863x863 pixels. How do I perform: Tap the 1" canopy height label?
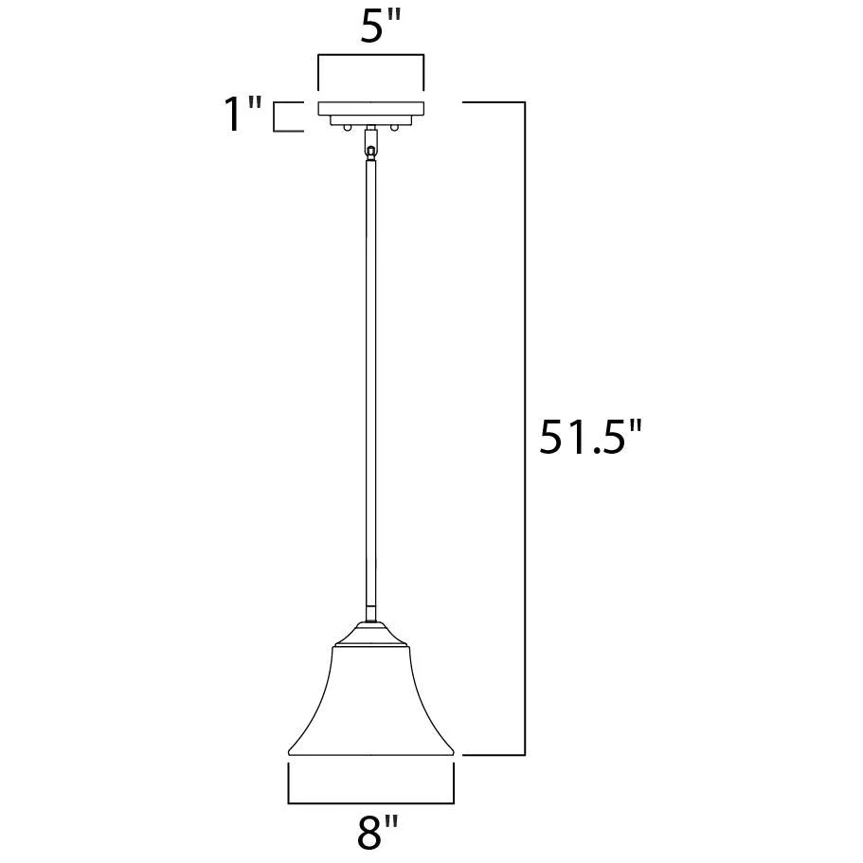point(243,114)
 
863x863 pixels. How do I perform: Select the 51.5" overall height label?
point(590,438)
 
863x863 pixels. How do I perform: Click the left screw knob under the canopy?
point(347,127)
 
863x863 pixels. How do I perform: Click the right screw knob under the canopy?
point(394,127)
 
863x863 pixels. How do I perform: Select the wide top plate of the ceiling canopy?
point(371,108)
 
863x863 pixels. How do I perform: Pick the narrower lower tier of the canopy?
point(371,120)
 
